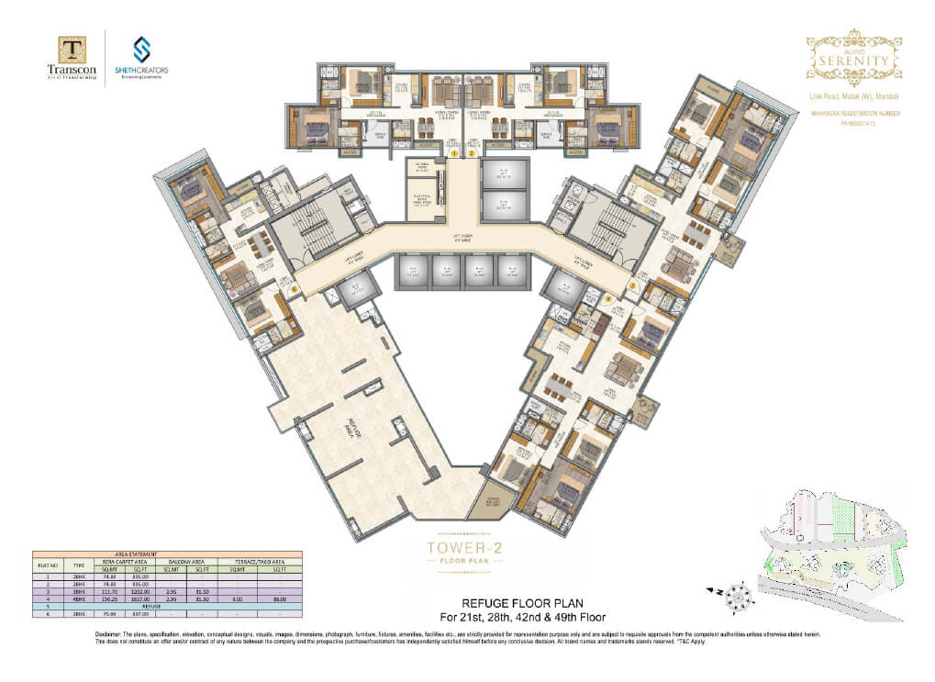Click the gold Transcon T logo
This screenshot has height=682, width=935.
(72, 49)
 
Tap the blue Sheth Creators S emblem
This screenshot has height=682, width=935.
(142, 49)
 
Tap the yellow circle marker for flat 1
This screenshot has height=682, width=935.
(453, 154)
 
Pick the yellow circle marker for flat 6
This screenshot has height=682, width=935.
(294, 290)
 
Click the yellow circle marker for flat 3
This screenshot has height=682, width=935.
(631, 285)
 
